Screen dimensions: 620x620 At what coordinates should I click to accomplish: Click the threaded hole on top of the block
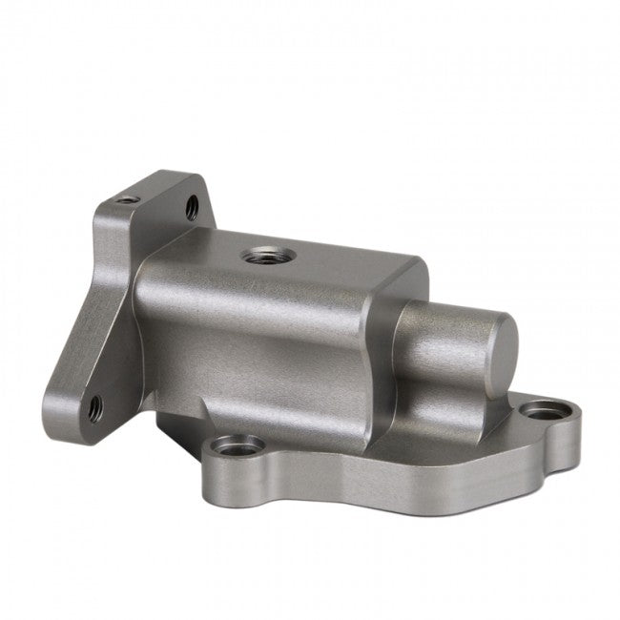[x=258, y=255]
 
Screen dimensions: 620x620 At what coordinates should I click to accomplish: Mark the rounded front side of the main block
[x=258, y=353]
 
